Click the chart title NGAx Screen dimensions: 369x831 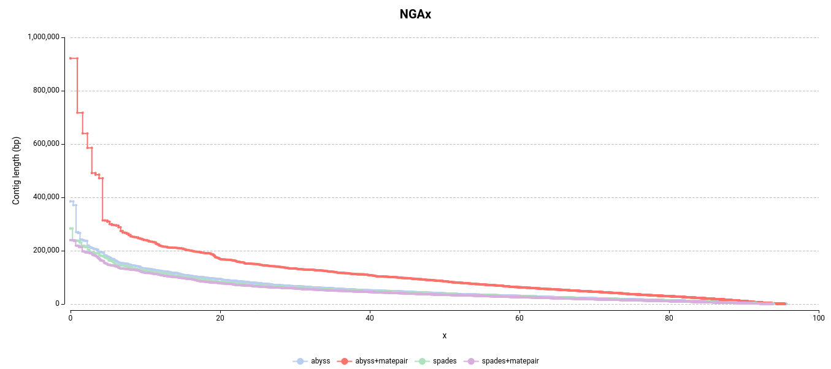pyautogui.click(x=415, y=14)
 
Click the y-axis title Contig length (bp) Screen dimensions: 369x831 pyautogui.click(x=17, y=170)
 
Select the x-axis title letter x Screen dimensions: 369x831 pyautogui.click(x=444, y=335)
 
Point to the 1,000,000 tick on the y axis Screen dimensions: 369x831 pyautogui.click(x=44, y=37)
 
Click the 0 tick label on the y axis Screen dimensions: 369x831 pyautogui.click(x=57, y=304)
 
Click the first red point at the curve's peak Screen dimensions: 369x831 pyautogui.click(x=71, y=58)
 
